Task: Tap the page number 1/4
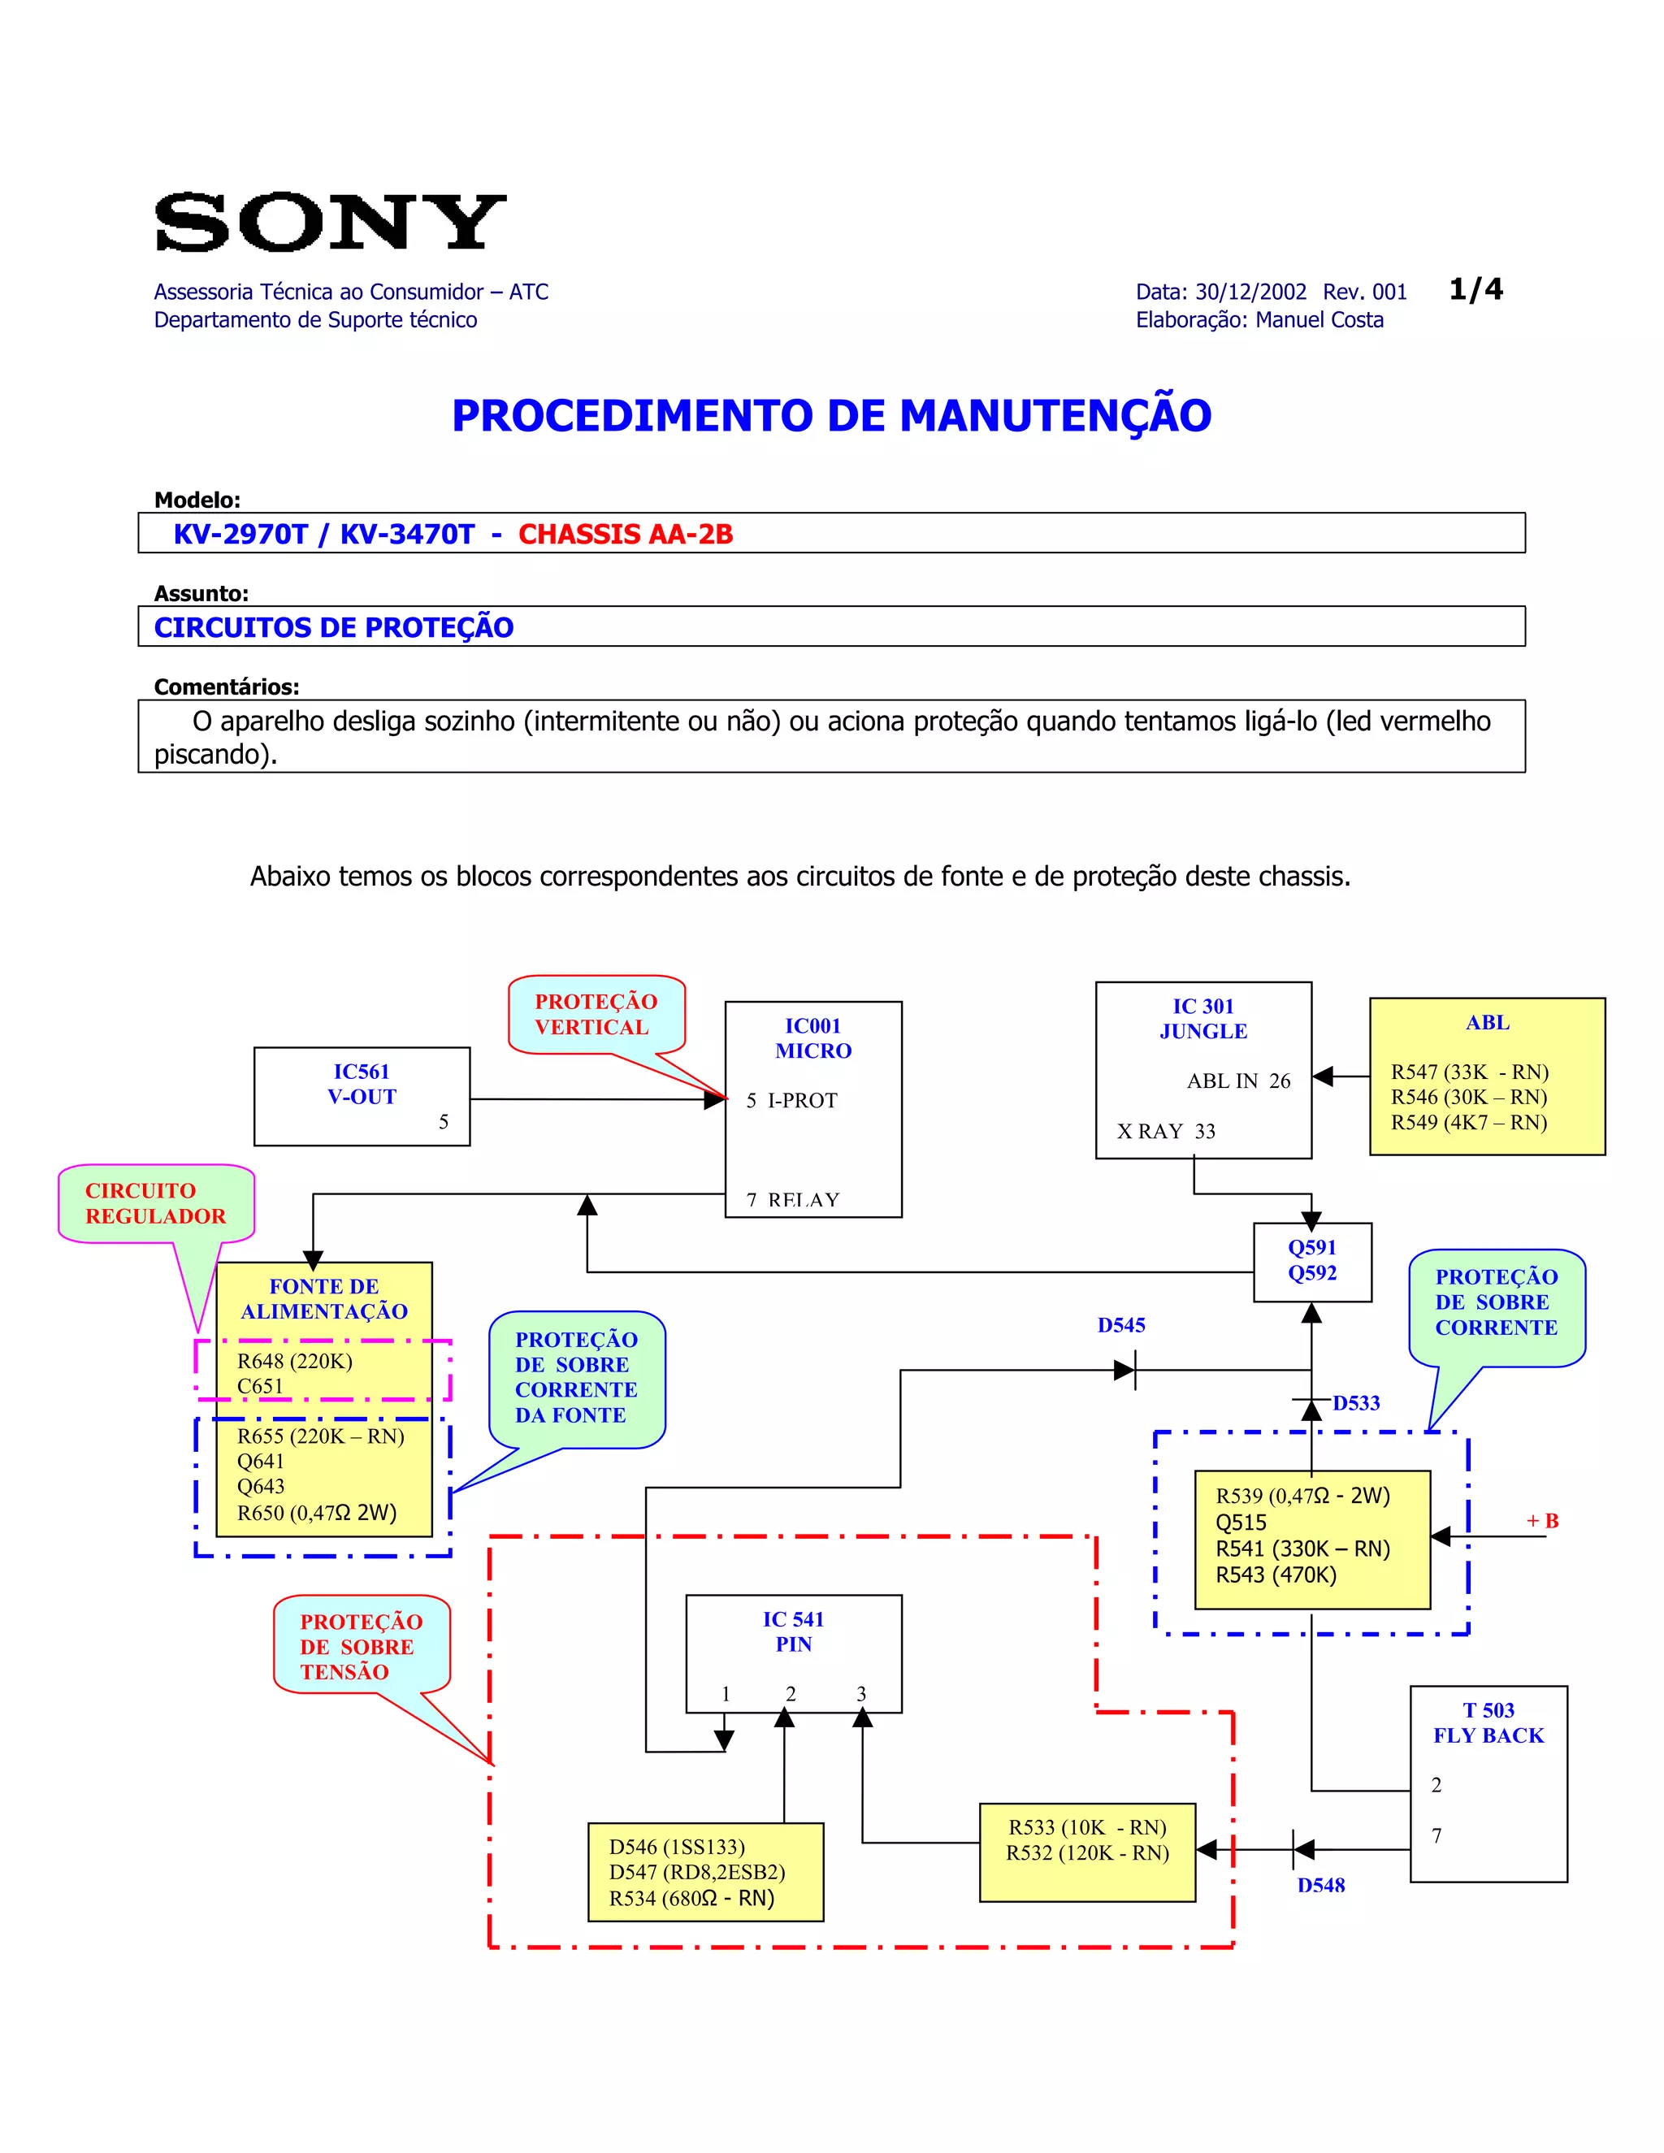pos(1475,289)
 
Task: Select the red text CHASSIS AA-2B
pos(626,535)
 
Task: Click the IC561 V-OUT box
pos(362,1095)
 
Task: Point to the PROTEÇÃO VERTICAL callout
pos(596,1015)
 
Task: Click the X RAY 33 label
pos(1166,1131)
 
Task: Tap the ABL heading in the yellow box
pos(1487,1022)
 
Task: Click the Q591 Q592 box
pos(1312,1261)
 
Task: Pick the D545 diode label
pos(1120,1325)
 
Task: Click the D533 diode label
pos(1355,1403)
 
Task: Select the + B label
pos(1542,1520)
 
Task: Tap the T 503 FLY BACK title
pos(1488,1722)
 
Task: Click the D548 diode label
pos(1320,1885)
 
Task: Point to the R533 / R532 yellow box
pos(1087,1852)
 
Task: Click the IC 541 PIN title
pos(794,1631)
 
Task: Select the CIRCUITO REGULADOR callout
pos(156,1202)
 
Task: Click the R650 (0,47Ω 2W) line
pos(316,1514)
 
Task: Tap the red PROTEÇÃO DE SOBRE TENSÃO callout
pos(361,1646)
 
